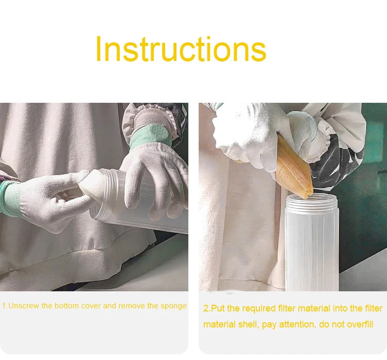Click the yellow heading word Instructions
click(x=181, y=49)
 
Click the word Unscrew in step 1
click(x=24, y=306)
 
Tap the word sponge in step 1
click(x=173, y=306)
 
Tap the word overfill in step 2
click(x=360, y=324)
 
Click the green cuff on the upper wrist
click(x=150, y=136)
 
